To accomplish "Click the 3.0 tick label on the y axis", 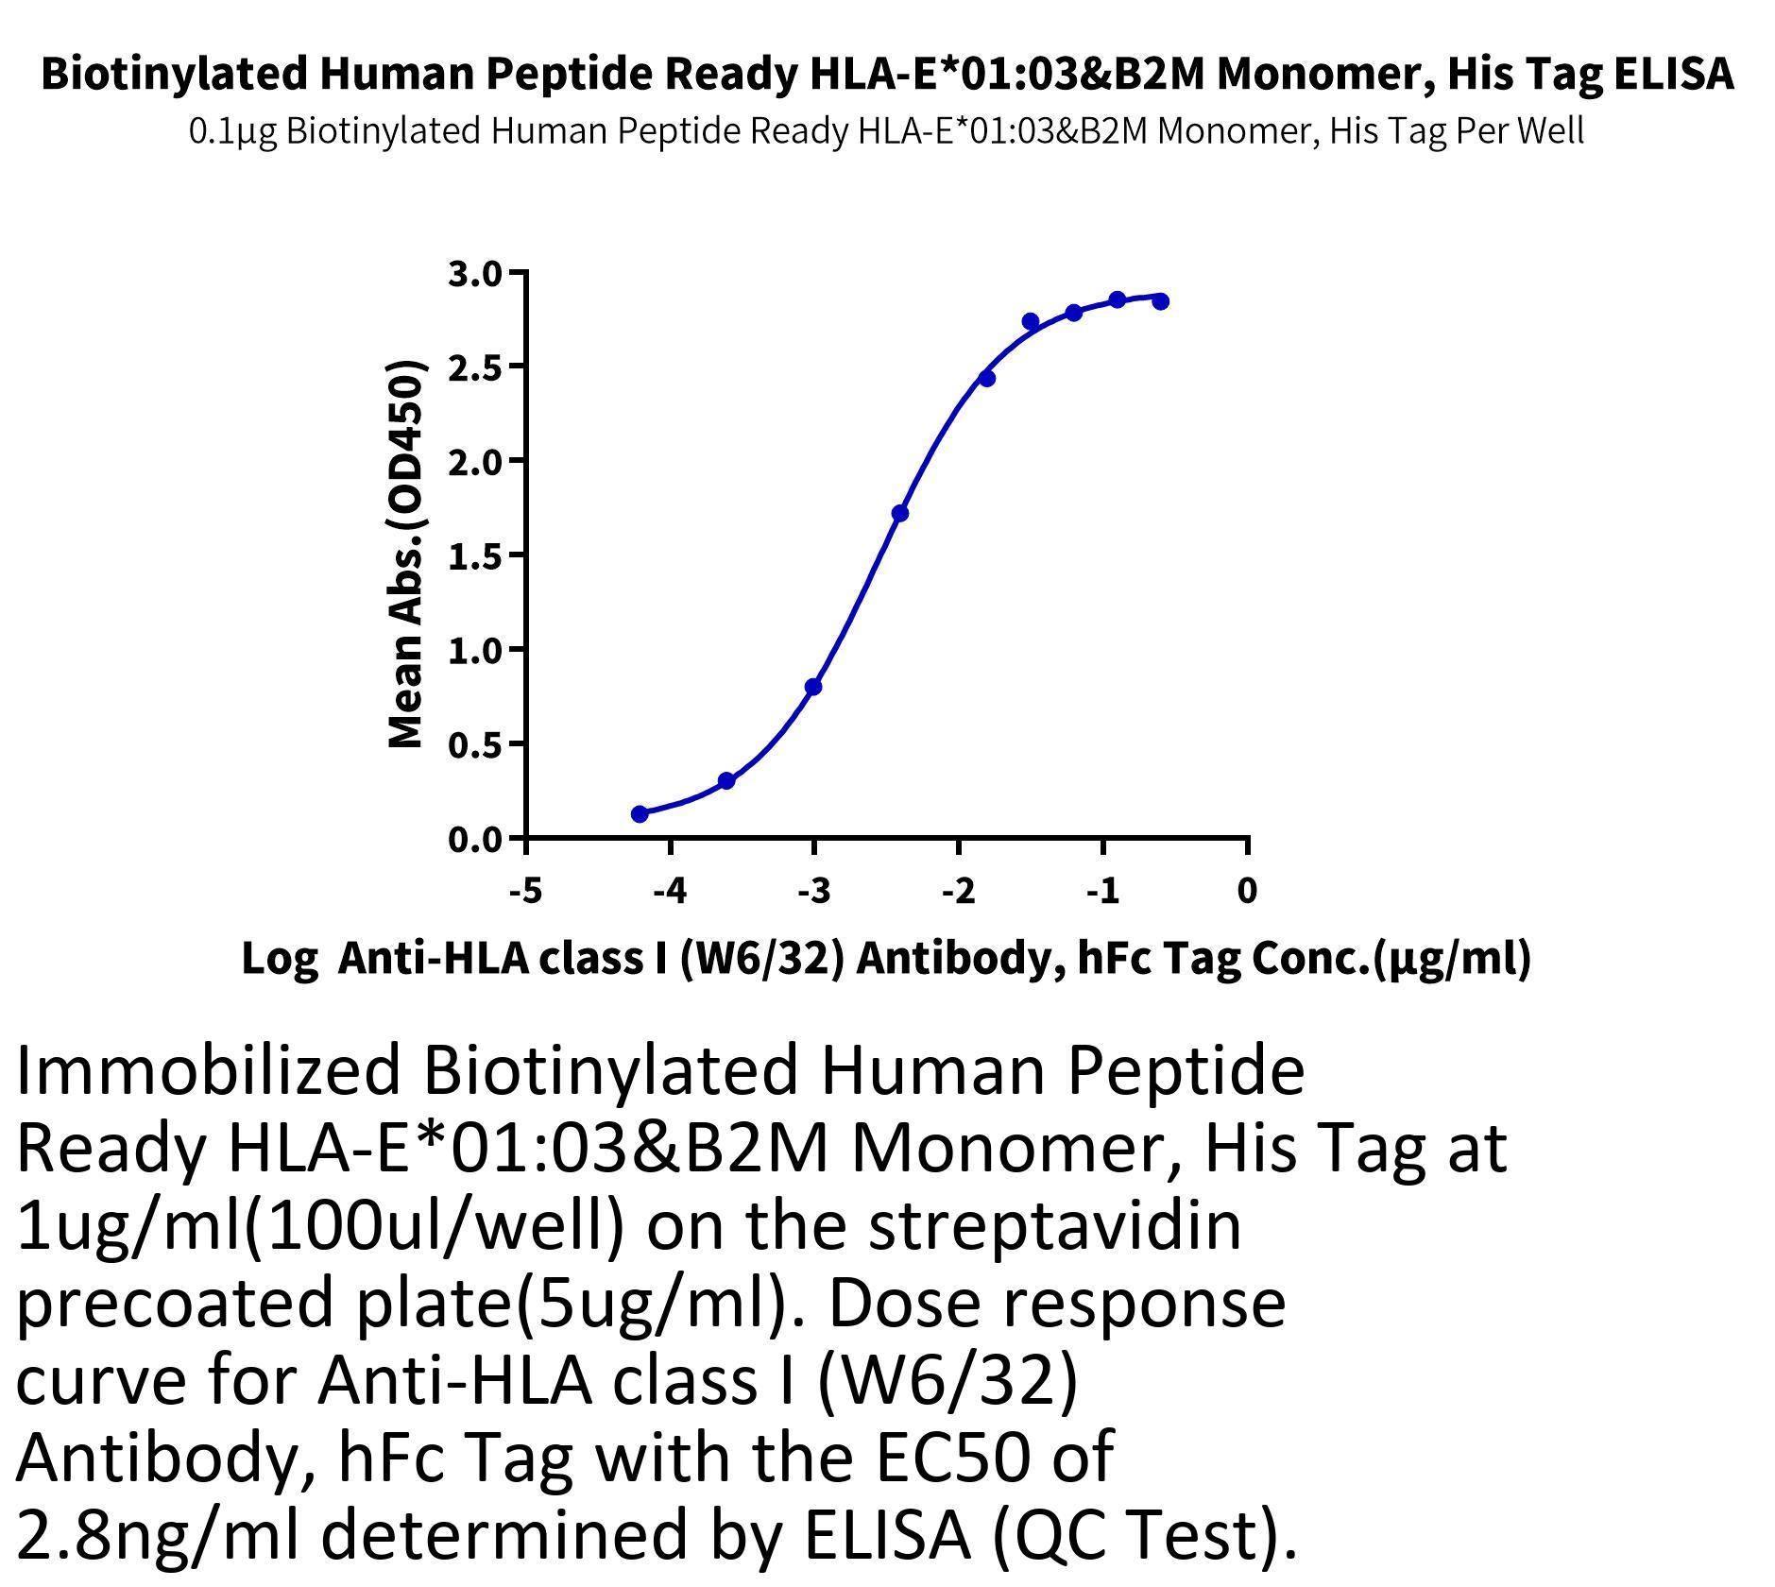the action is point(475,274).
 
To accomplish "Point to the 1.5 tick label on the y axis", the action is point(475,556).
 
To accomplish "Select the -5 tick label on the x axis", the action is point(525,891).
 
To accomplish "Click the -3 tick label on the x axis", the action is point(813,891).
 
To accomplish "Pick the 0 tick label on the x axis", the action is point(1247,891).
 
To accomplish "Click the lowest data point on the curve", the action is point(640,814).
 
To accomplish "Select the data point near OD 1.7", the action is point(900,514).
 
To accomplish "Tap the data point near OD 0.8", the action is point(813,687).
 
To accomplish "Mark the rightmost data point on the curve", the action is point(1161,301).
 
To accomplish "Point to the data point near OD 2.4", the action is point(987,379).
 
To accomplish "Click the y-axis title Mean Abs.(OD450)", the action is point(406,555).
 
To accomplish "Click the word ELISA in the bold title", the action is point(1672,74).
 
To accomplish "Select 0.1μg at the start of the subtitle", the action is point(233,130).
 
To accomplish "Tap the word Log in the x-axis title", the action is point(280,960).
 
